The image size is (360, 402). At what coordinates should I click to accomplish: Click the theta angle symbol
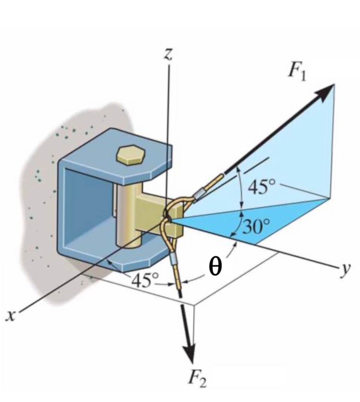click(215, 267)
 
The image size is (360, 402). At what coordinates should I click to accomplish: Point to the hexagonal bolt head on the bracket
click(130, 154)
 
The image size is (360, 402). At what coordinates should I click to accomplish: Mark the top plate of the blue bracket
click(117, 156)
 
